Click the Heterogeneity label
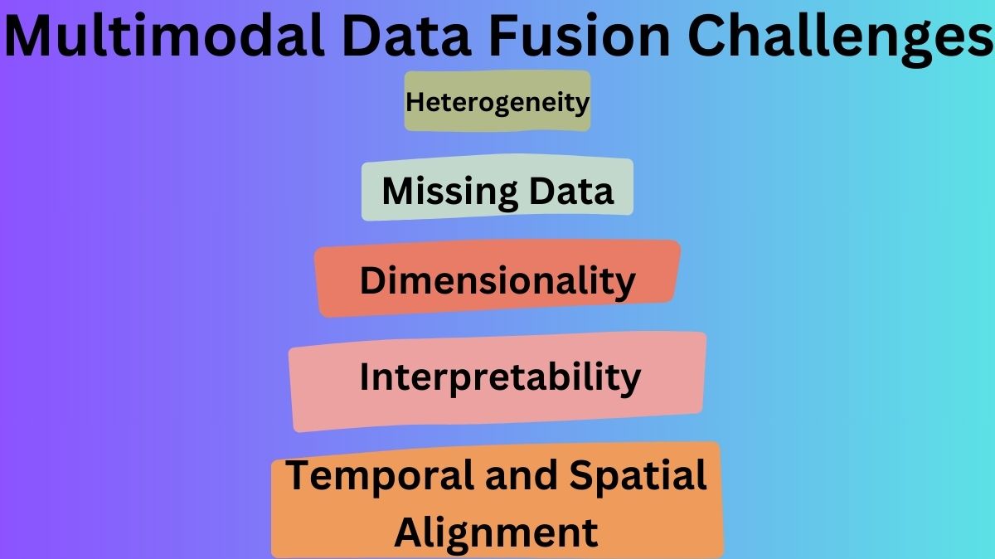498,102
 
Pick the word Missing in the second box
437,192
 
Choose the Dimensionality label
498,280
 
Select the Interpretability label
500,378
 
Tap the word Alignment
496,532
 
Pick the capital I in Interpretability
365,377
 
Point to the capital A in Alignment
410,531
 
